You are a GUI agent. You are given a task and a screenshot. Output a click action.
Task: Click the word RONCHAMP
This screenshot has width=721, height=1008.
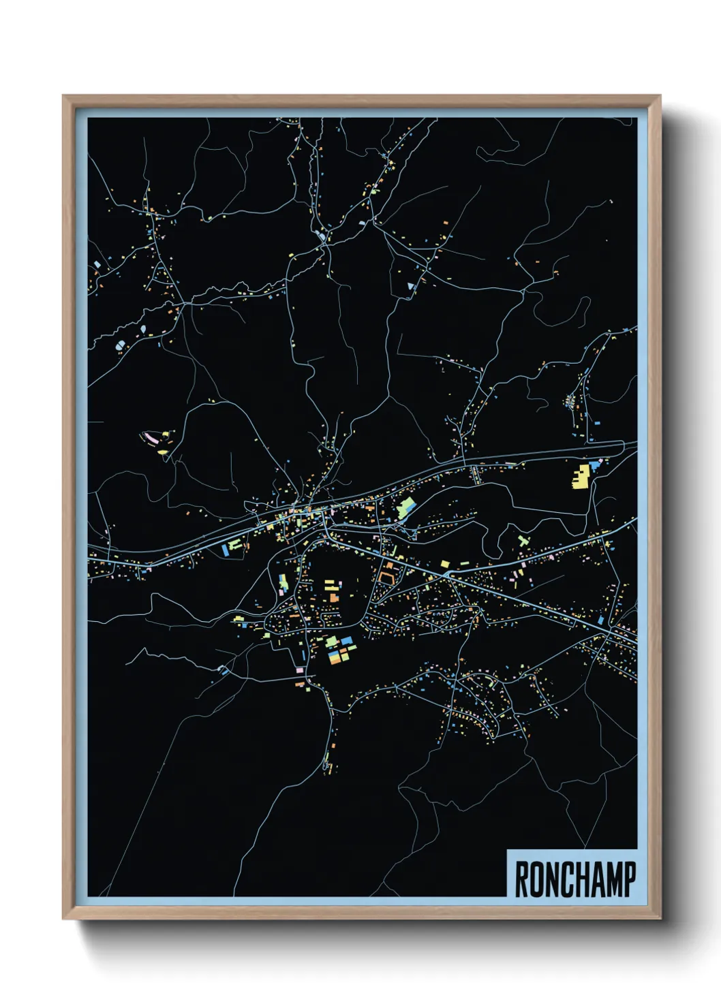[x=574, y=879]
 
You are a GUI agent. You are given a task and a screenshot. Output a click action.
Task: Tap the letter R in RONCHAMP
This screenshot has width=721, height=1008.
[x=522, y=879]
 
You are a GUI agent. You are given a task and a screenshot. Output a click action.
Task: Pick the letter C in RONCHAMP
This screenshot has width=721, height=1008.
[x=560, y=879]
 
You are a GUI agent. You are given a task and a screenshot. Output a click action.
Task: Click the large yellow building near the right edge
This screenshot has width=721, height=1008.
[x=581, y=477]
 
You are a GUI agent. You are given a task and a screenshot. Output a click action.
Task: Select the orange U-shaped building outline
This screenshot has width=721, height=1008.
[x=388, y=578]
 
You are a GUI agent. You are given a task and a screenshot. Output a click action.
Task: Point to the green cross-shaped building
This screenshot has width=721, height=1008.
[x=523, y=541]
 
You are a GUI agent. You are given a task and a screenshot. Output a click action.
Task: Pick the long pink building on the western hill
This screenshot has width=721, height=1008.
[x=148, y=436]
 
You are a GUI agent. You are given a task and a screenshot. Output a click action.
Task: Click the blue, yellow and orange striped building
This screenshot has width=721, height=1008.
[x=335, y=657]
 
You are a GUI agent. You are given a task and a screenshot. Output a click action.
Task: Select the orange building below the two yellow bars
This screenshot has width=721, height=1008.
[x=333, y=597]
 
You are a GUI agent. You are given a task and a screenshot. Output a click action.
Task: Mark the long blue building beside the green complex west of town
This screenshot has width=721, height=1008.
[x=226, y=549]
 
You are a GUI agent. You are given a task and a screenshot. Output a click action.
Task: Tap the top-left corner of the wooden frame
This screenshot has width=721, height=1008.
[x=63, y=96]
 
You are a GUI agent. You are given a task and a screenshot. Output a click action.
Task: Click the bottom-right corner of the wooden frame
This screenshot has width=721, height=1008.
[x=660, y=919]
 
